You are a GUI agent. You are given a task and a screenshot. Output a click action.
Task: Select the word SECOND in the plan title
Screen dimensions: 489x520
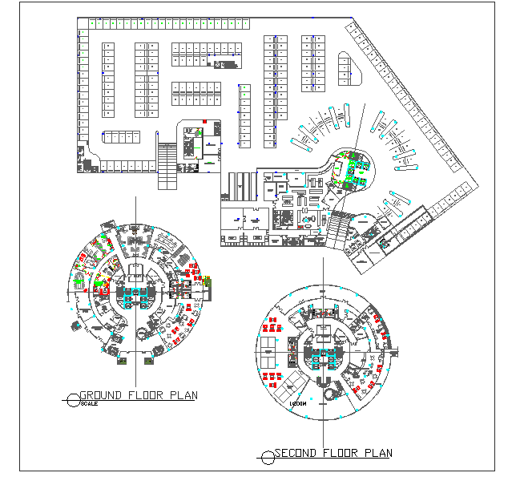297,454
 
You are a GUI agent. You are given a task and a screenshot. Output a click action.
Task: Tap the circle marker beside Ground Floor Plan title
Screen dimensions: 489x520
73,396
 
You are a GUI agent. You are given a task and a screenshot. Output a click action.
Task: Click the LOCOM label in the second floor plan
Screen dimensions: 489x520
298,404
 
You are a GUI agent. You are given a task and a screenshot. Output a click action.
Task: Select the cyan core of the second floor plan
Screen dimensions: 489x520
322,352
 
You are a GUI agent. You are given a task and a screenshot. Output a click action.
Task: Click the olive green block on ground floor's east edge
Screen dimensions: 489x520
208,280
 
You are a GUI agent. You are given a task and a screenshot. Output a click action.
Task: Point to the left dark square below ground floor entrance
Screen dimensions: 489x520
122,362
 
